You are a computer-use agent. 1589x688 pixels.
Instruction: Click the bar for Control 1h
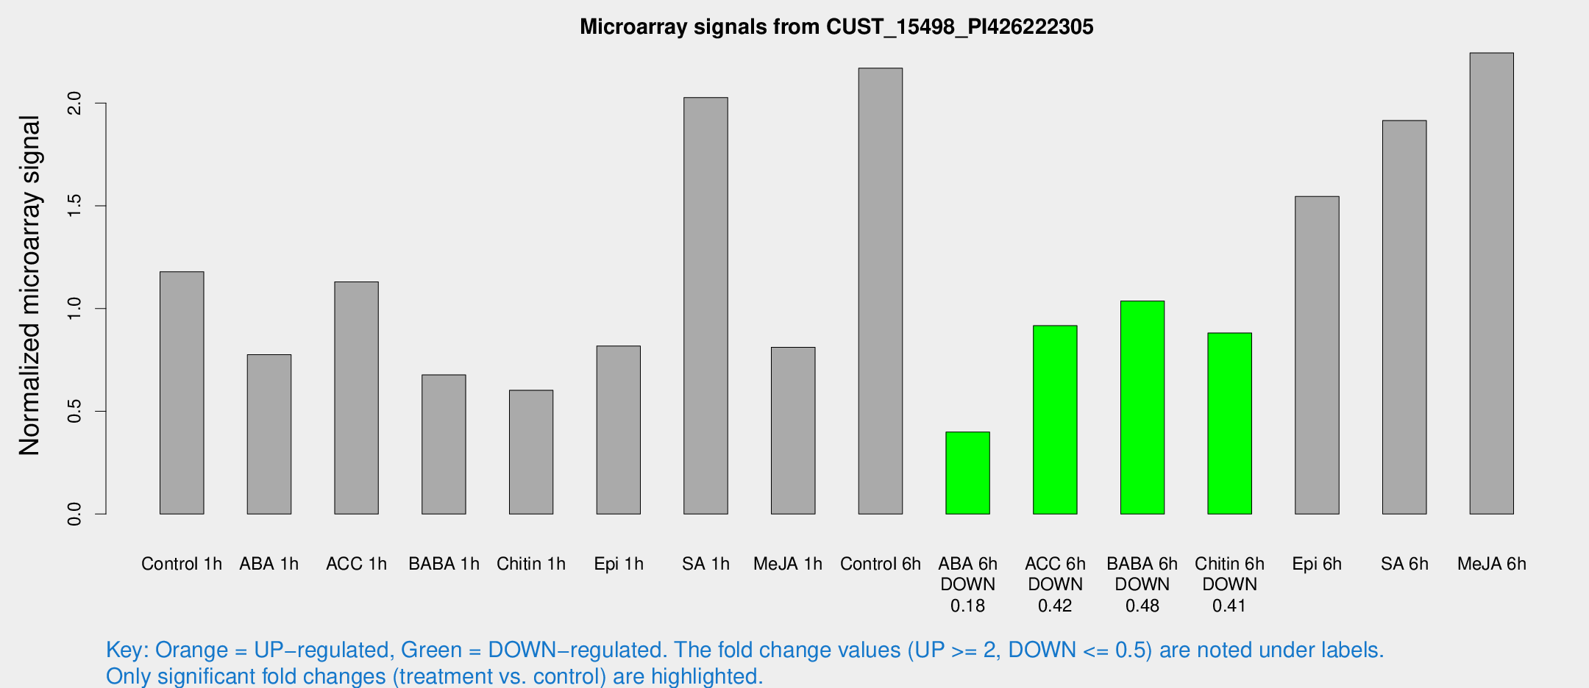(182, 393)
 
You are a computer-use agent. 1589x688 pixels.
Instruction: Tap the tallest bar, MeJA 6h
(1491, 283)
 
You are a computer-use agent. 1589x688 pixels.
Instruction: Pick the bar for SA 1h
(705, 305)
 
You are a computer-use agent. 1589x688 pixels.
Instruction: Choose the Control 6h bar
(880, 291)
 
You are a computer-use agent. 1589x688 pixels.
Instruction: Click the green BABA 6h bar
(1142, 407)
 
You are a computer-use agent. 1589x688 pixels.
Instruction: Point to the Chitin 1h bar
(531, 452)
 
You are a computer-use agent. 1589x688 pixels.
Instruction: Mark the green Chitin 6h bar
(1229, 423)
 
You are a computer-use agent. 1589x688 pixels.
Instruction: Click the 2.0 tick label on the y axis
(74, 103)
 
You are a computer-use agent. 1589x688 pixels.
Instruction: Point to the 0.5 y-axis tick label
(74, 412)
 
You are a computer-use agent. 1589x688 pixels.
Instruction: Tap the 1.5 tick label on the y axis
(74, 206)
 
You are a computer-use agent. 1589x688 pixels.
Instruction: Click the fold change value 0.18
(967, 606)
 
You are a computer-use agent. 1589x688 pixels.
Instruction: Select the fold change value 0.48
(1142, 606)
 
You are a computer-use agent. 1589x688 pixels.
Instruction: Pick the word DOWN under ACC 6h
(1055, 584)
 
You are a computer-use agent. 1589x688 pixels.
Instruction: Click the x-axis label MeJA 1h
(788, 564)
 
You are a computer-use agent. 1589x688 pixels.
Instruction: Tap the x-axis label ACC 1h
(356, 564)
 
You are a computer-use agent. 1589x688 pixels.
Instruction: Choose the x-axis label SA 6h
(1404, 564)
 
